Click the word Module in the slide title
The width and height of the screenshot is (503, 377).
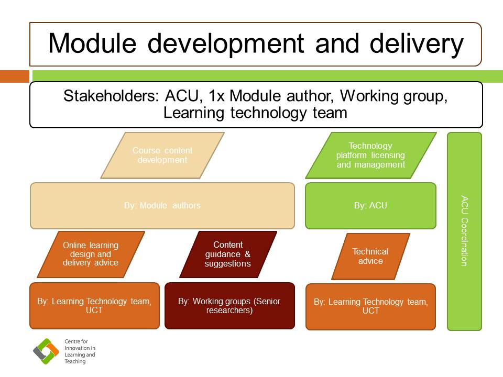[x=92, y=43]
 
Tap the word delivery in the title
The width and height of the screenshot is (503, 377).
[x=417, y=45]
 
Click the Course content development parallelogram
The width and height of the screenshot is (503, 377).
[x=162, y=156]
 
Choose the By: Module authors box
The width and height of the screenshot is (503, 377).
[x=162, y=205]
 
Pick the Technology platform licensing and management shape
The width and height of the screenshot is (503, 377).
[x=371, y=156]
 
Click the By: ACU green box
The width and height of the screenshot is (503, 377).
[x=370, y=205]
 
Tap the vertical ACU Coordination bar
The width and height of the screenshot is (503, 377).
[x=465, y=231]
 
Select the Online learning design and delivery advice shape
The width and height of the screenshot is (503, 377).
[x=91, y=254]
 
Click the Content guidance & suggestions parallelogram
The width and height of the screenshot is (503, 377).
[x=228, y=254]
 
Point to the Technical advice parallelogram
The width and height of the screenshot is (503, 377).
[x=370, y=256]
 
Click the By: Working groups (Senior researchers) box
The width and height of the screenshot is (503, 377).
[x=229, y=306]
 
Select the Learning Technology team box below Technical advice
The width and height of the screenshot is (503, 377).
[x=370, y=306]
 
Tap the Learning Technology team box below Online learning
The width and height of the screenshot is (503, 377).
[x=94, y=306]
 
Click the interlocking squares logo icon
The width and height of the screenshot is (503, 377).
[x=46, y=351]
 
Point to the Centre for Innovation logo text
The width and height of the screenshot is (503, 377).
[x=80, y=351]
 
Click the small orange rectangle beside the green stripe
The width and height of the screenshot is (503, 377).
[x=15, y=76]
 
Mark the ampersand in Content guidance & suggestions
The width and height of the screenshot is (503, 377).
[x=247, y=254]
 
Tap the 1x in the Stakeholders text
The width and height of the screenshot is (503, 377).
[x=216, y=96]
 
